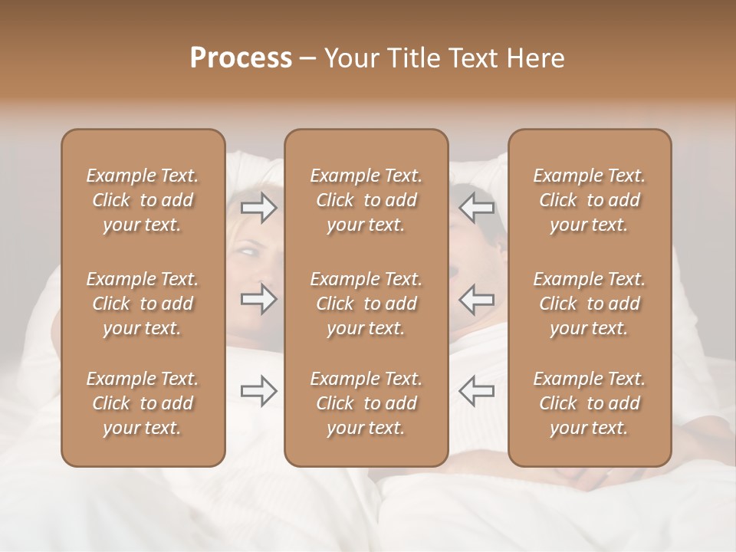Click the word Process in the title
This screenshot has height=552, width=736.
click(x=241, y=58)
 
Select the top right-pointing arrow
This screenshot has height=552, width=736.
click(x=259, y=207)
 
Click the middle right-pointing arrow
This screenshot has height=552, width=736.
click(x=259, y=298)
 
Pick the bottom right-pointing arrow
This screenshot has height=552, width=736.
click(x=259, y=391)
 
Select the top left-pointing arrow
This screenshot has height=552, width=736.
click(x=477, y=207)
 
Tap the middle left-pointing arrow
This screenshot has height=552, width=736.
click(x=477, y=298)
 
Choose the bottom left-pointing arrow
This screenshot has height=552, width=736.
click(x=477, y=391)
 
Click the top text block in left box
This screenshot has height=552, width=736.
click(x=143, y=200)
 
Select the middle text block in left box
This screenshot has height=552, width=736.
click(x=143, y=304)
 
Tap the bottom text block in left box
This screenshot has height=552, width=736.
click(x=143, y=403)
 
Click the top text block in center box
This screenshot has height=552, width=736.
click(x=366, y=200)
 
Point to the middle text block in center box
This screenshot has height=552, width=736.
click(x=366, y=304)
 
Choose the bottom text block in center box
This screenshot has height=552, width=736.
click(x=366, y=403)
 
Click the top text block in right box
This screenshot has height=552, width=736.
click(x=589, y=200)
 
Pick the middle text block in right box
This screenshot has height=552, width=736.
click(x=589, y=304)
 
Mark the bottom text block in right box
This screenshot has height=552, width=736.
click(x=589, y=403)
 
